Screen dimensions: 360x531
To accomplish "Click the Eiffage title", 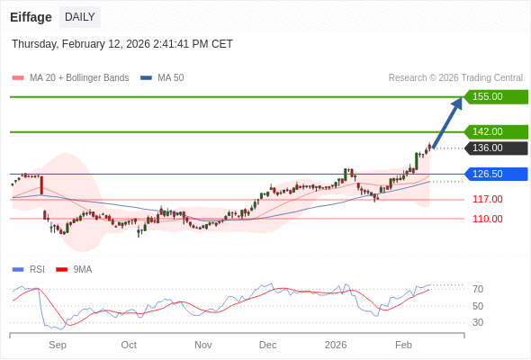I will tap(31, 17).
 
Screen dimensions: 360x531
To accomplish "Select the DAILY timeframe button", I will tap(80, 17).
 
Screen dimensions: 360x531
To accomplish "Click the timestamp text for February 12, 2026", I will tap(122, 43).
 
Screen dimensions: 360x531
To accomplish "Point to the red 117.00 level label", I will tap(487, 199).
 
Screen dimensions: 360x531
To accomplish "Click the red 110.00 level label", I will tap(487, 219).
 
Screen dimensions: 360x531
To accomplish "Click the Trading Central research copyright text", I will tap(455, 78).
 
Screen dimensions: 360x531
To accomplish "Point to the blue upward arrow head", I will tap(456, 104).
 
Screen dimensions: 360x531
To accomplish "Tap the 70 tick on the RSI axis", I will tap(478, 289).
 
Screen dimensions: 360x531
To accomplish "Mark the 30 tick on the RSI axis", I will tap(478, 322).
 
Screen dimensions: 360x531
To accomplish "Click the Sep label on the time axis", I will tap(58, 345).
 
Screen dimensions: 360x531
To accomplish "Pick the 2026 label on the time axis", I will tap(336, 345).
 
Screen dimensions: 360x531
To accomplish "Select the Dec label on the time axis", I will tap(267, 345).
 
